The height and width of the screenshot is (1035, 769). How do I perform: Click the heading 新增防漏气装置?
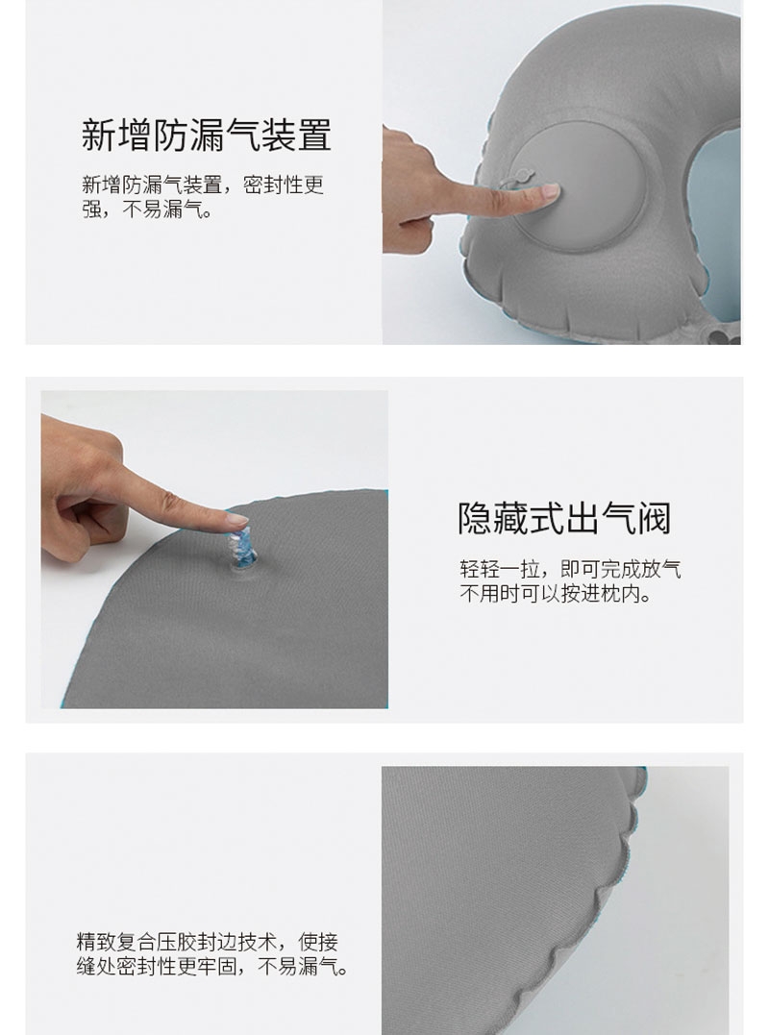coord(206,136)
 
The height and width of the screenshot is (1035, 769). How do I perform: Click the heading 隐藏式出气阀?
coord(564,518)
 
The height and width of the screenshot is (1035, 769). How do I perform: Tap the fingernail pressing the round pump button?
coord(550,191)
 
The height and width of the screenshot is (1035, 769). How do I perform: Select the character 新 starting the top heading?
coord(98,136)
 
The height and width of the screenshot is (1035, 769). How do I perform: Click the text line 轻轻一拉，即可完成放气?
coord(570,568)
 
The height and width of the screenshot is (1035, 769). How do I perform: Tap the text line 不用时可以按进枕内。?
coord(556,594)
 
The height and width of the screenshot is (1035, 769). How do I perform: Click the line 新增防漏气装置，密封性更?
coord(203,185)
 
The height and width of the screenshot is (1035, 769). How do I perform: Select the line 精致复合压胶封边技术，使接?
coord(208,941)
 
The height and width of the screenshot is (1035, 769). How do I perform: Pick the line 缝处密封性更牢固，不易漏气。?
coord(211,967)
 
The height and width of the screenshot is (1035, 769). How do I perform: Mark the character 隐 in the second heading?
coord(475,518)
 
